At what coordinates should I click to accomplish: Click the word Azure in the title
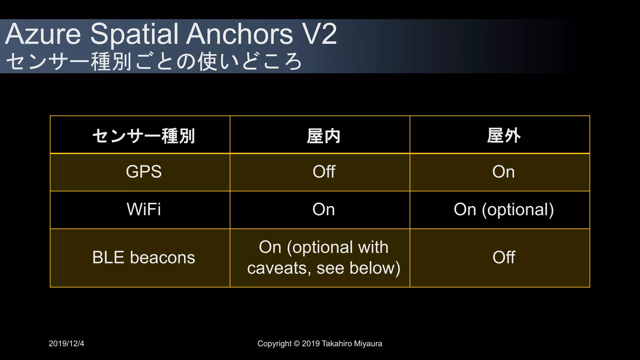tap(43, 34)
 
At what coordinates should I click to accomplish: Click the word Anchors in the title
tap(240, 34)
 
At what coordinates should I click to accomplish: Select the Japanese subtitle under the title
tap(154, 61)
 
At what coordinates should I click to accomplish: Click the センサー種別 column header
tap(143, 136)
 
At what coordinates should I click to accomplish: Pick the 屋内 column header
tap(323, 136)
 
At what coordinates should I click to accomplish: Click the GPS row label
tap(143, 172)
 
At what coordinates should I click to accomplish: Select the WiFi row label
tap(143, 209)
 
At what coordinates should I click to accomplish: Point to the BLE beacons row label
tap(143, 257)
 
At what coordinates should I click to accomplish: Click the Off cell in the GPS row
tap(324, 172)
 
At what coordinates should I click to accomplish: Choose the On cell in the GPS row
tap(503, 172)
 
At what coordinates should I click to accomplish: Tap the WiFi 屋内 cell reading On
tap(323, 209)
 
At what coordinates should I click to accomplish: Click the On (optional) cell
tap(503, 209)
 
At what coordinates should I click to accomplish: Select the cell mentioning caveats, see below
tap(323, 258)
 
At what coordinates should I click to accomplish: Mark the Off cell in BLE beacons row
tap(503, 257)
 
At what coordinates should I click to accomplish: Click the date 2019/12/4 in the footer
tap(66, 343)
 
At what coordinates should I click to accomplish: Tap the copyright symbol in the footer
tap(297, 344)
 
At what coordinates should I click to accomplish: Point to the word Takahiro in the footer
tap(337, 344)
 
